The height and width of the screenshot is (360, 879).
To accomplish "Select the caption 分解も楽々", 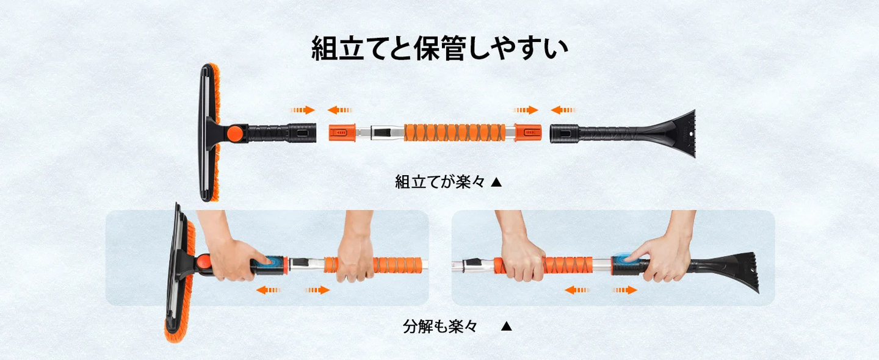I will click(x=440, y=326).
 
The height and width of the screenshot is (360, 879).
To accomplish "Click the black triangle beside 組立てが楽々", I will click(x=496, y=182).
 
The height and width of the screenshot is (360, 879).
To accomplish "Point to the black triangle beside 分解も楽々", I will click(x=506, y=326).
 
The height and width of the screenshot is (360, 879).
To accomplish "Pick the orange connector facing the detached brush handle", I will click(x=342, y=132).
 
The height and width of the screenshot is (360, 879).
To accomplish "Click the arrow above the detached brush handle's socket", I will click(x=303, y=110).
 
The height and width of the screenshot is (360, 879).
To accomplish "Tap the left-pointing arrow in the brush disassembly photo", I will click(x=268, y=290).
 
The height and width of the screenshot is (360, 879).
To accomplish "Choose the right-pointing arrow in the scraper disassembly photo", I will click(x=624, y=290).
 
